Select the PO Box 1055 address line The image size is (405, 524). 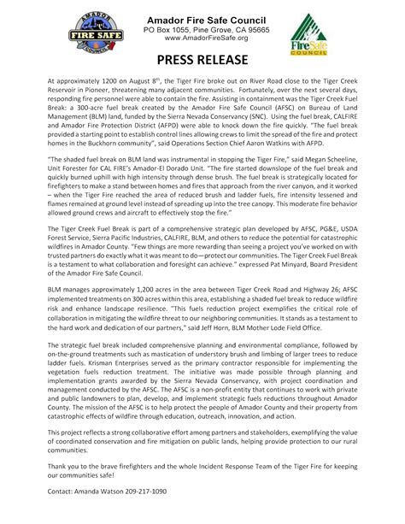click(x=202, y=28)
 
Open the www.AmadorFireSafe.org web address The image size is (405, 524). click(x=202, y=38)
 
